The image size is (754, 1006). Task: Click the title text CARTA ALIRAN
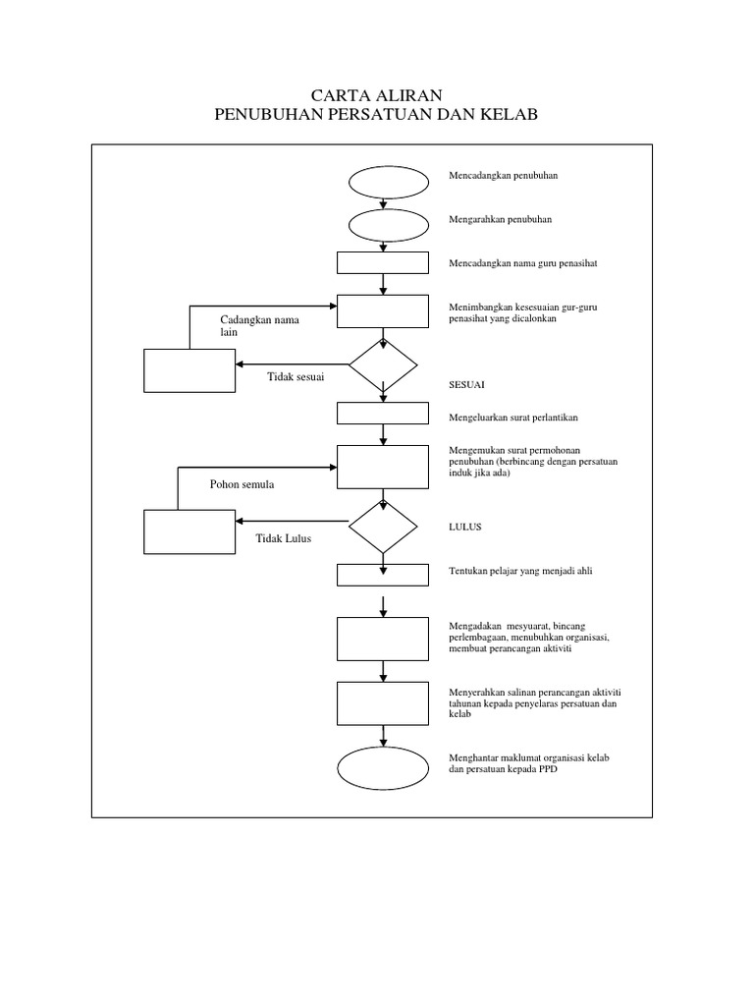tap(376, 95)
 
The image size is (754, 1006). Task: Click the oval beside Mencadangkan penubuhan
tap(389, 182)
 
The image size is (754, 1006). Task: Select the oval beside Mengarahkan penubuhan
tap(389, 224)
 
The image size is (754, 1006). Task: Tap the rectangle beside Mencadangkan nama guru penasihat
tap(383, 262)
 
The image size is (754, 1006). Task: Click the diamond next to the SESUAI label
tap(383, 365)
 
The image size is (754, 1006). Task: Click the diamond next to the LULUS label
tap(383, 528)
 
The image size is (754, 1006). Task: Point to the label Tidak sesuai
tap(296, 376)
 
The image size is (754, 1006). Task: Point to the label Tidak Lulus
tap(284, 537)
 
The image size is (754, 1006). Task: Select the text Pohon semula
tap(242, 484)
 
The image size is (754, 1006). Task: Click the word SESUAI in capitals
tap(467, 384)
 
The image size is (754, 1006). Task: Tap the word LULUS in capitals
tap(464, 527)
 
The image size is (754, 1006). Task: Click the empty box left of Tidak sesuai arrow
tap(189, 370)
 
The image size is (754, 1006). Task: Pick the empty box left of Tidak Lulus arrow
tap(189, 531)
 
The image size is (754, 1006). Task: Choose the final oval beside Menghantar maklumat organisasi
tap(383, 766)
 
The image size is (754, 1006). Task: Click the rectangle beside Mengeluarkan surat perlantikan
tap(383, 413)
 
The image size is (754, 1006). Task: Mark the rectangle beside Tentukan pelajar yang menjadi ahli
tap(383, 575)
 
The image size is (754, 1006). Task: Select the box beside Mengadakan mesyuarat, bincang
tap(383, 639)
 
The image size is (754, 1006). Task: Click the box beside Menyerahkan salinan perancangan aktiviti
tap(383, 702)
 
